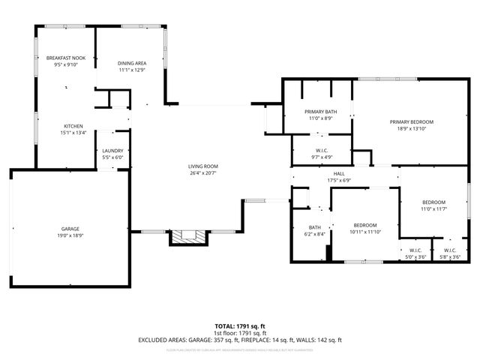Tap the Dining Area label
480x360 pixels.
tap(131, 64)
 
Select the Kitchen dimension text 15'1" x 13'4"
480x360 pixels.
tap(74, 133)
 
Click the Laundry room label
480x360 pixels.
tap(112, 151)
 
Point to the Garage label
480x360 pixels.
tap(70, 229)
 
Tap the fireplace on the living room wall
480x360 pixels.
tap(187, 237)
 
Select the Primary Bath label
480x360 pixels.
tap(320, 112)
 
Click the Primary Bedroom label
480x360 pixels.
tap(411, 121)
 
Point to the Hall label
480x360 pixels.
tap(339, 173)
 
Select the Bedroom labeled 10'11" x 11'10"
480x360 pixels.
tap(364, 225)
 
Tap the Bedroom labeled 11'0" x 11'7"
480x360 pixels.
tap(433, 202)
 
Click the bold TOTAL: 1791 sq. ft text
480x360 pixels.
tap(240, 326)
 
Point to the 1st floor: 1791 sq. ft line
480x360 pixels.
tap(240, 333)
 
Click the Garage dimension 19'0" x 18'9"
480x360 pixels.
tap(70, 235)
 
